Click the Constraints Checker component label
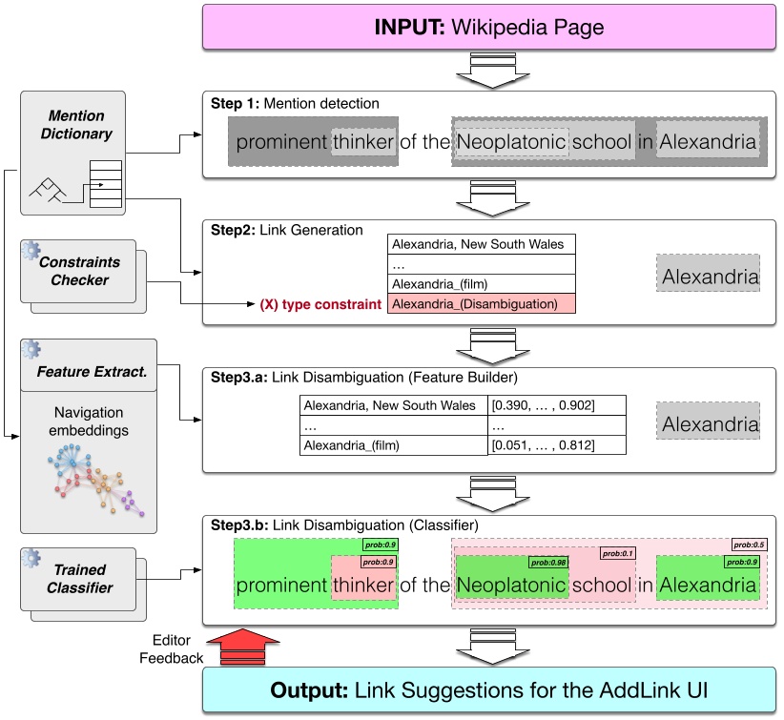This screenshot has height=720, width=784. pos(80,271)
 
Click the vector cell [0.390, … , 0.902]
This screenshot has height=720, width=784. pos(543,405)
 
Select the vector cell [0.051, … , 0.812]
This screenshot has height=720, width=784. pos(543,444)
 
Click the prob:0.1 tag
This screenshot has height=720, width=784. pos(616,553)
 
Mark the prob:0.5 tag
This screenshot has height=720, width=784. pos(748,545)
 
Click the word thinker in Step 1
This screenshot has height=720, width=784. pos(362,144)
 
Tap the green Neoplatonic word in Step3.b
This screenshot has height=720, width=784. pos(510,585)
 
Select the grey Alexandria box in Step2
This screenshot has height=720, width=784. pos(710,278)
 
